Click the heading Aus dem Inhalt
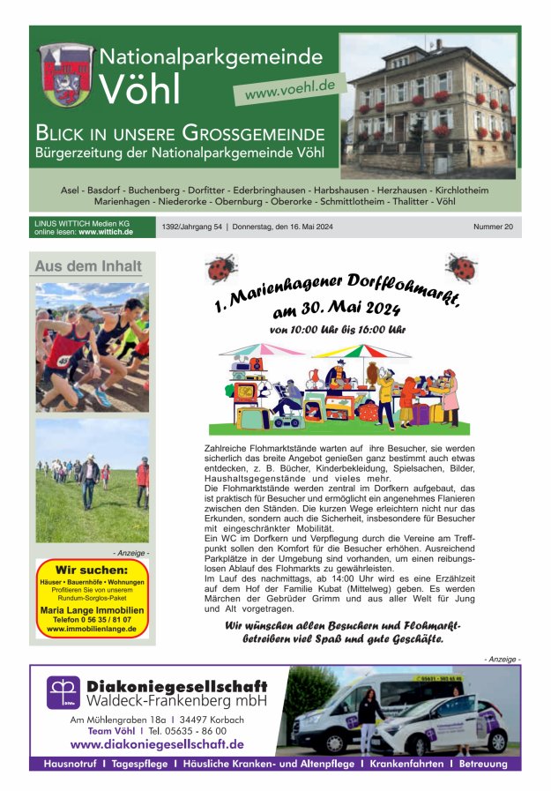[87, 266]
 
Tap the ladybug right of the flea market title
[461, 266]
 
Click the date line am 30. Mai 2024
[337, 309]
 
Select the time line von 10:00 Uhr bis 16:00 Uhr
[338, 330]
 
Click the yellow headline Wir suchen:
[92, 570]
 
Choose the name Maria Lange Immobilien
[92, 609]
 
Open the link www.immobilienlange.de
[92, 629]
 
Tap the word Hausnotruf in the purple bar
[70, 764]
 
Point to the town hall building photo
[428, 106]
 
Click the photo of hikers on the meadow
[92, 480]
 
